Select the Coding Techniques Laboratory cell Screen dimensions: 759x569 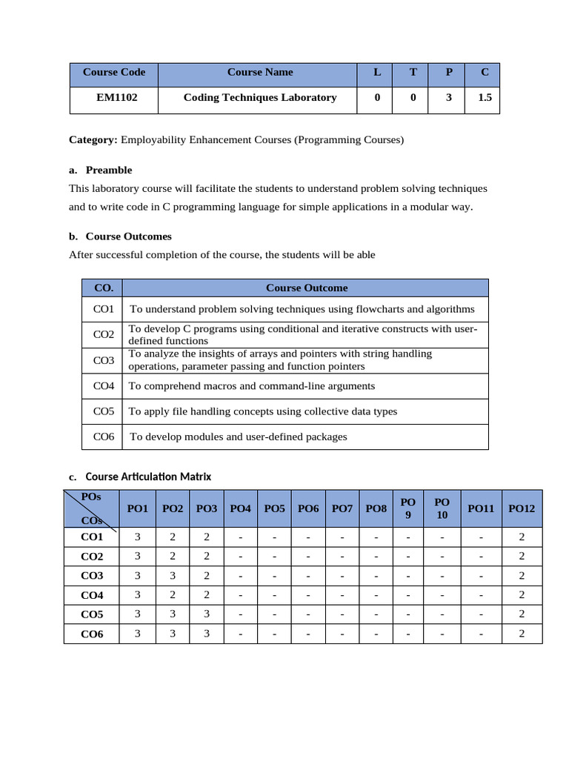click(259, 97)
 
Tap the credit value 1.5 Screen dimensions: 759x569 click(485, 97)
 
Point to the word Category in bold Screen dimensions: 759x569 click(93, 139)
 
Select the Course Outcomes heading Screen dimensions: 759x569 click(128, 236)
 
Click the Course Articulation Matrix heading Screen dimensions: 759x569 click(148, 477)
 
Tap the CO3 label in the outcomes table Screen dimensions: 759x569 click(104, 360)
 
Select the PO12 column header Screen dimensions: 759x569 click(522, 508)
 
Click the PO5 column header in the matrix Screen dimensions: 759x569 click(274, 508)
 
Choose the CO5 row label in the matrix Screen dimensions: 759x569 click(92, 614)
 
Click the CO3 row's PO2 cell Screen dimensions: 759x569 click(172, 576)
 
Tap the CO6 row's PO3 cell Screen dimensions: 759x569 click(207, 634)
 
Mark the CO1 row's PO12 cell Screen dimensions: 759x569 click(522, 537)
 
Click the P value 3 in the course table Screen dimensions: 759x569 click(448, 97)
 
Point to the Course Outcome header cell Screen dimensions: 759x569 click(306, 288)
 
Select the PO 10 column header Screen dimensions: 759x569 click(442, 508)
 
